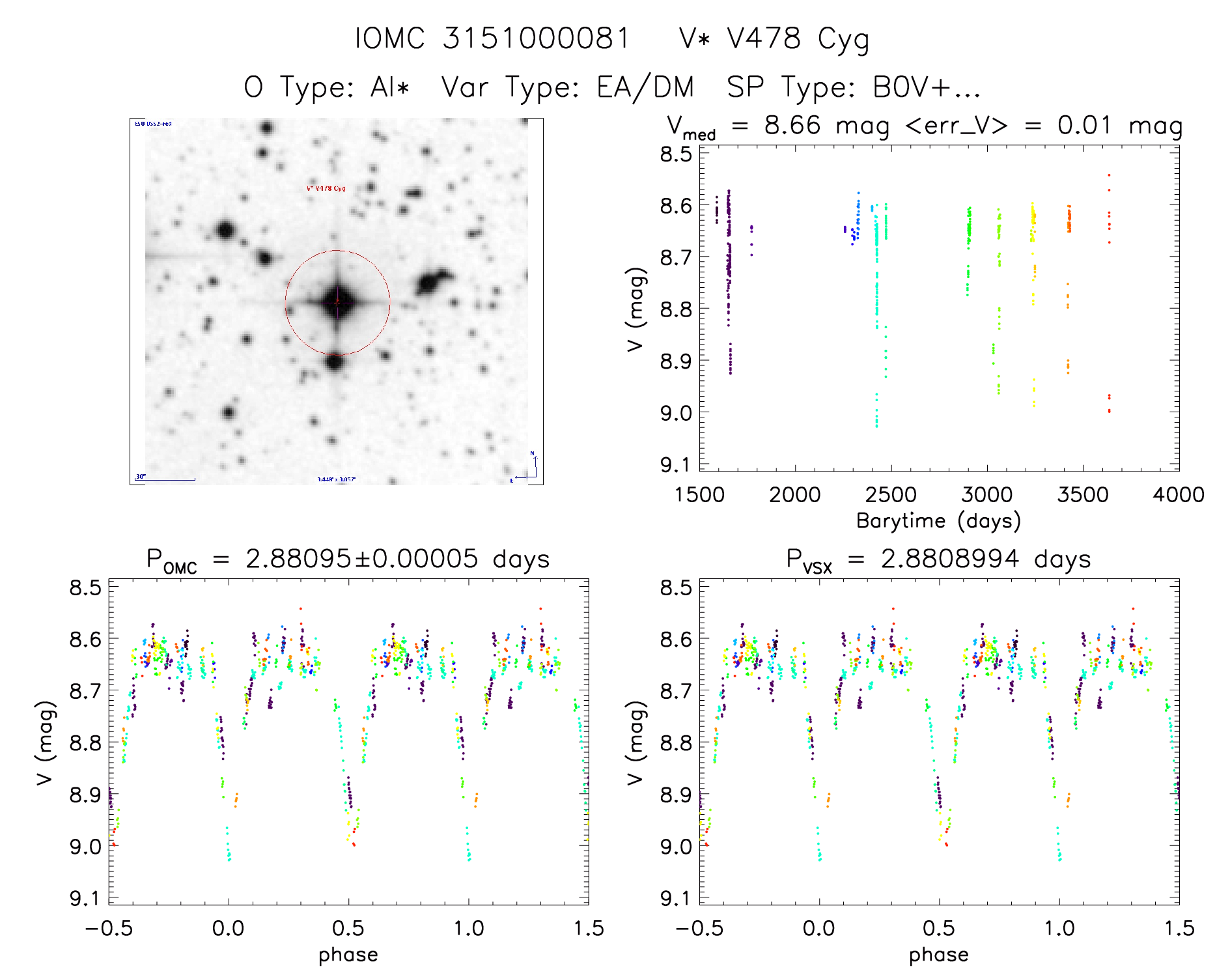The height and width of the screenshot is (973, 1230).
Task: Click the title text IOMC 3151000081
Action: [x=492, y=38]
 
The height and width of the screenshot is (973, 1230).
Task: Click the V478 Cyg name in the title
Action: [x=774, y=40]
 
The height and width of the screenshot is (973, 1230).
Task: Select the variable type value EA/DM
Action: [x=645, y=87]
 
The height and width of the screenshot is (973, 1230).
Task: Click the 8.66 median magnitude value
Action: [x=792, y=125]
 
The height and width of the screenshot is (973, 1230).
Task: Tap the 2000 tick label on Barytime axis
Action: [x=795, y=495]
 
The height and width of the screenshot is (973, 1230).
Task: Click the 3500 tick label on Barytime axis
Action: [x=1083, y=495]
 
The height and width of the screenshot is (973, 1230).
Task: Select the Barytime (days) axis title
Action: [x=938, y=521]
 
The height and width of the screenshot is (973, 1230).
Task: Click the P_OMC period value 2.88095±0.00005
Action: [x=361, y=559]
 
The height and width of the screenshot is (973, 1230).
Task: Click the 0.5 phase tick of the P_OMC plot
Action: [x=348, y=928]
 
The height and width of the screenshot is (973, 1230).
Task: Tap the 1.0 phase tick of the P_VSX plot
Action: [x=1059, y=928]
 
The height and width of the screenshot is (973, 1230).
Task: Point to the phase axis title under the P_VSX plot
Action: [x=938, y=955]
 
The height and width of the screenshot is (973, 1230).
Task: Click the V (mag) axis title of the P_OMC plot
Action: [x=44, y=742]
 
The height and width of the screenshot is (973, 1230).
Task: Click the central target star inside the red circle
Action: [x=337, y=302]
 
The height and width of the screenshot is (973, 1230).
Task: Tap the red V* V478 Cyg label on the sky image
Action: [x=326, y=189]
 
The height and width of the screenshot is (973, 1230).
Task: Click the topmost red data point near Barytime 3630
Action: [x=1109, y=175]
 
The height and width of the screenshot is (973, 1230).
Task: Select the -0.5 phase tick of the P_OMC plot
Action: [x=109, y=928]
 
